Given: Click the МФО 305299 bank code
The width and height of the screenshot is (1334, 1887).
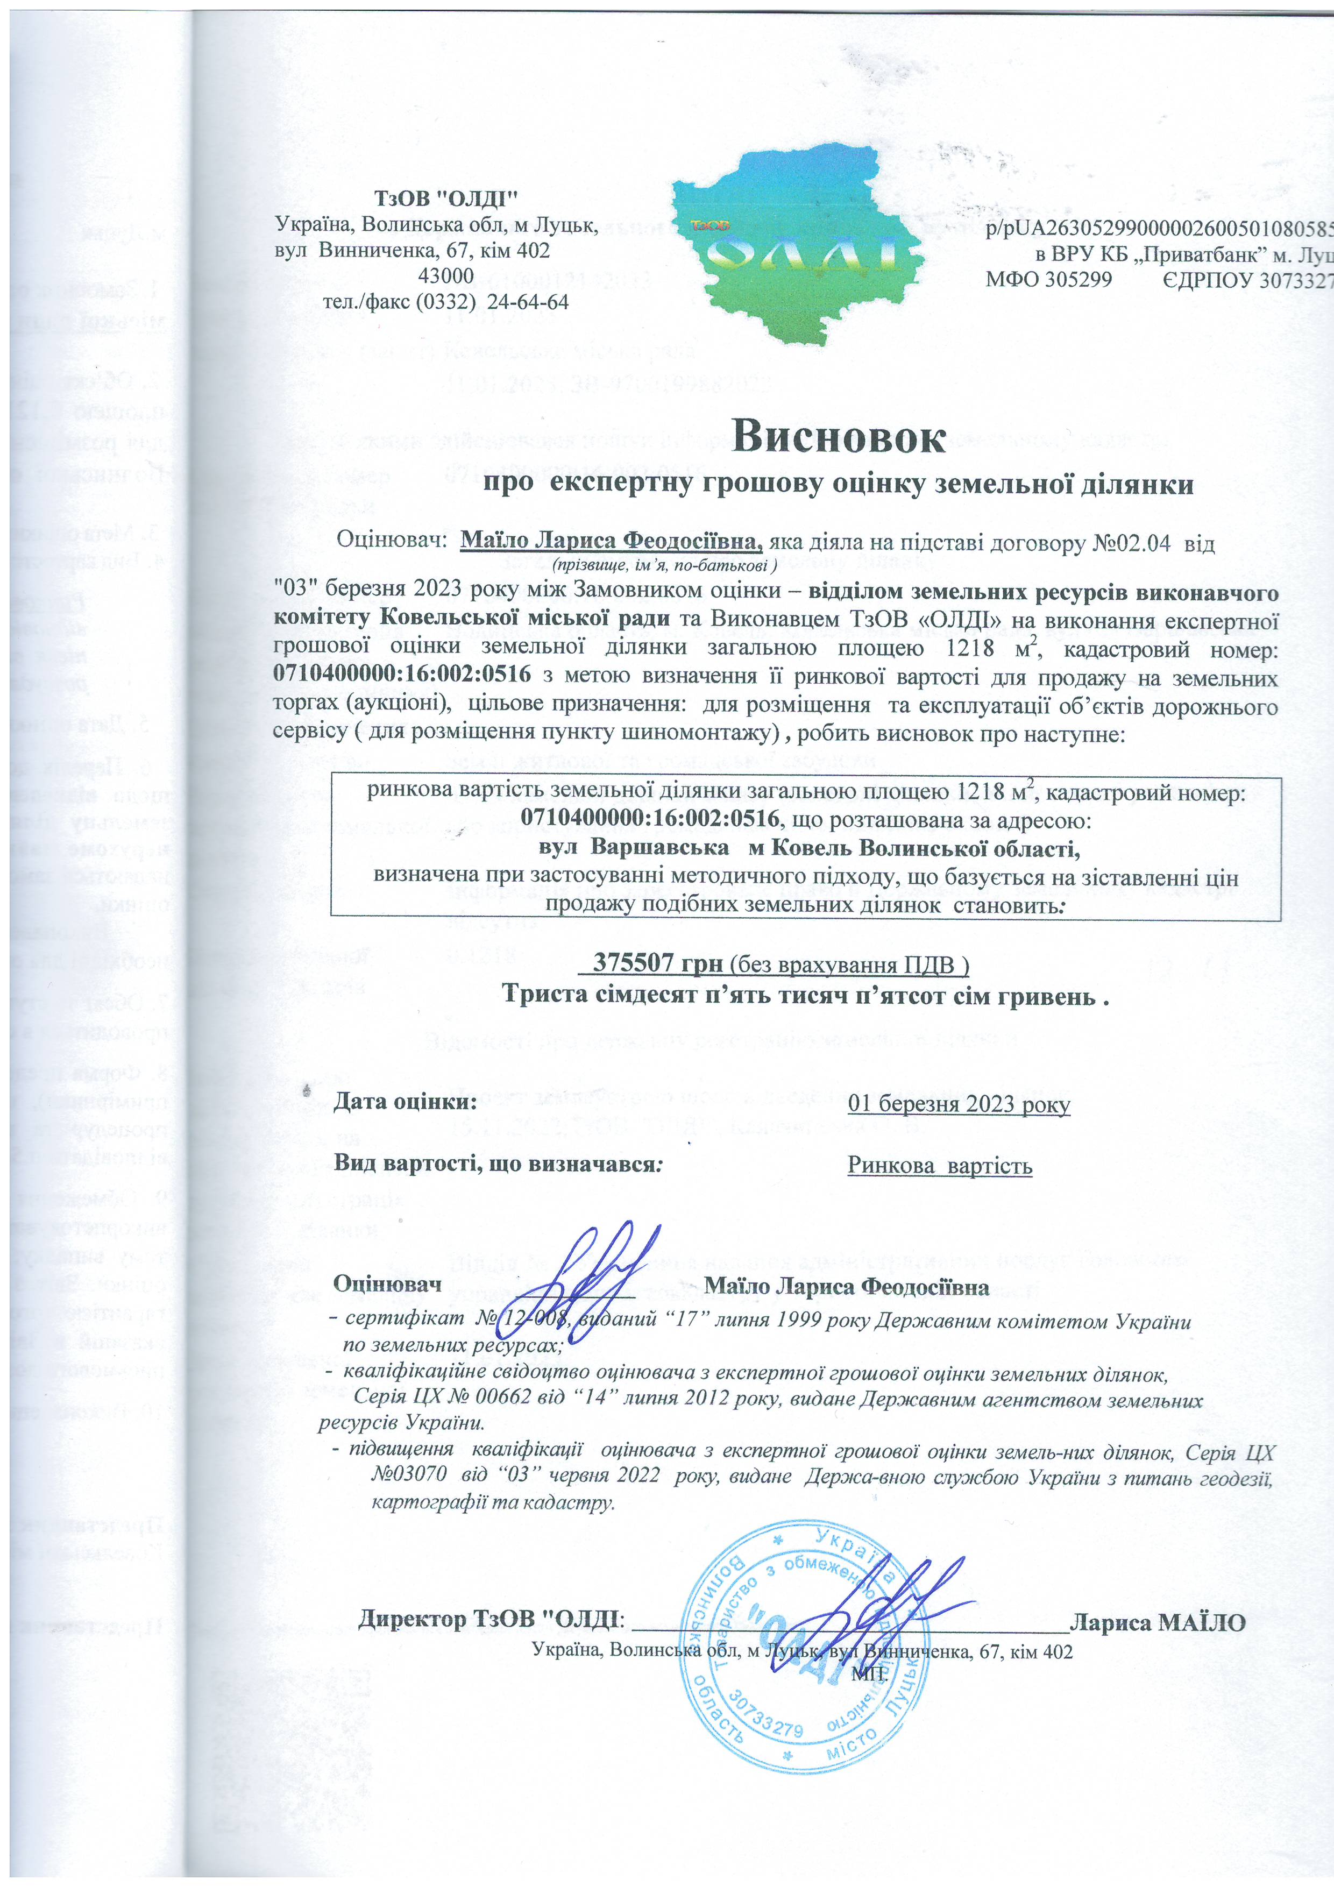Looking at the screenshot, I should (1049, 279).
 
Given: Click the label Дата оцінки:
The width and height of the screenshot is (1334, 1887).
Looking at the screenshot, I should (405, 1101).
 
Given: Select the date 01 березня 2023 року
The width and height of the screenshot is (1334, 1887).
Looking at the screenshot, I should (959, 1103).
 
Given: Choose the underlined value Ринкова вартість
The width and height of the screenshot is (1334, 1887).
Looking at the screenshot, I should (940, 1166).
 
